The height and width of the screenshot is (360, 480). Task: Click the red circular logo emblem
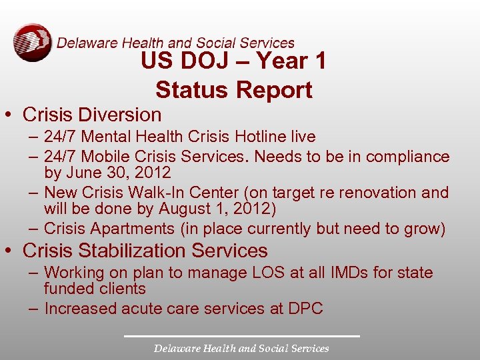coord(32,43)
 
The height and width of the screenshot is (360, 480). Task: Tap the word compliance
coord(412,157)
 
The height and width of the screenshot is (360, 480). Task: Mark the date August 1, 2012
coord(217,209)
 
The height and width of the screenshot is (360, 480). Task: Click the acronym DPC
coord(305,309)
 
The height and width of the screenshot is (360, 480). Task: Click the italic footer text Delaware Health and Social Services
coord(241,348)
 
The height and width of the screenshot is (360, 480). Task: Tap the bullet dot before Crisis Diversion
coord(13,115)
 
